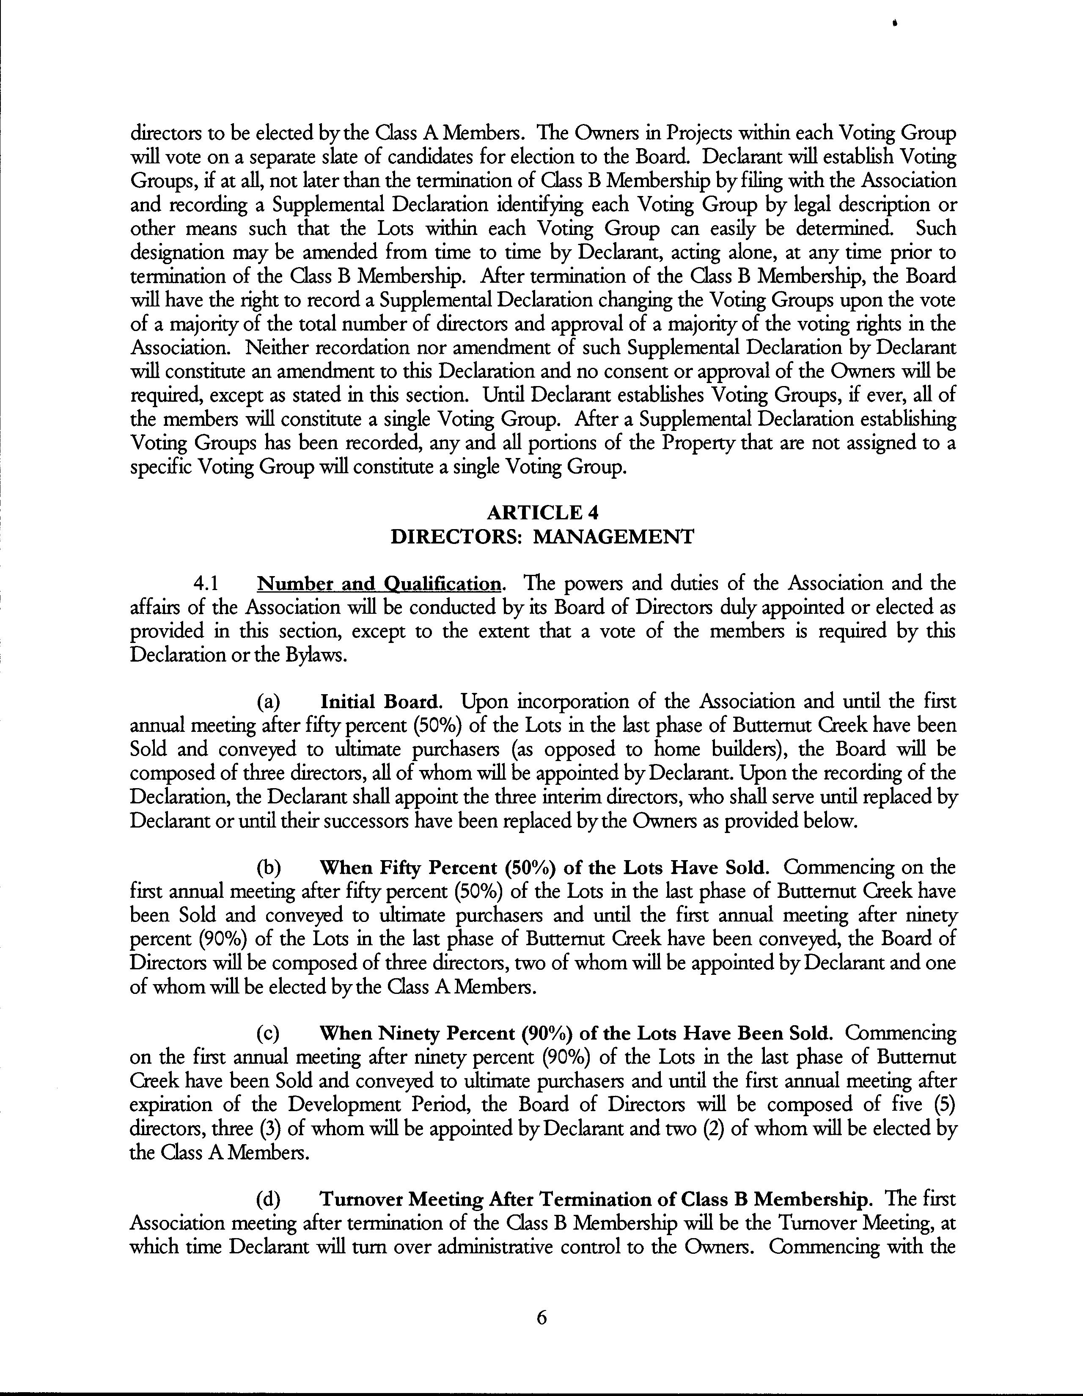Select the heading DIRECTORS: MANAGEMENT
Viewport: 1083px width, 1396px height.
coord(542,536)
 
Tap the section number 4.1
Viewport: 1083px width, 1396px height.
coord(206,584)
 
